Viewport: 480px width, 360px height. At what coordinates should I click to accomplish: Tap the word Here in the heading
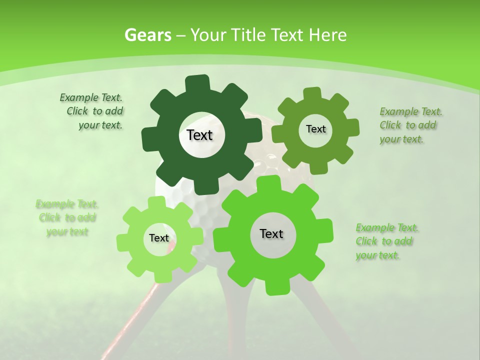coord(328,35)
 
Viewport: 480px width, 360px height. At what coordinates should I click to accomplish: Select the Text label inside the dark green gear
coord(199,135)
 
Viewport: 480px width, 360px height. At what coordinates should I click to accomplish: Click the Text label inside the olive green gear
coord(315,129)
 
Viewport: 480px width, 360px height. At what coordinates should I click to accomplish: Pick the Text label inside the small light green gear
coord(159,238)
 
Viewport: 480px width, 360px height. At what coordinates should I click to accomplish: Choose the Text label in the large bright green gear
coord(271,234)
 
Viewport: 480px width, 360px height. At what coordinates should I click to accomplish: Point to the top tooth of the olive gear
coord(311,93)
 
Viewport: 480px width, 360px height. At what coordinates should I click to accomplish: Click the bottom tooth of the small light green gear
coord(155,276)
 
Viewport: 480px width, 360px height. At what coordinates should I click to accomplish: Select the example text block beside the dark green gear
coord(91,111)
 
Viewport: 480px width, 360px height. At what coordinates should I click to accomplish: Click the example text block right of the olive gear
coord(410,125)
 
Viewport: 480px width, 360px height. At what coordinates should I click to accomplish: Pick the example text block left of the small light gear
coord(67,217)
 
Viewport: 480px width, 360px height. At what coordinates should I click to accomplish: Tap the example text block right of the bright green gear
coord(387,241)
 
